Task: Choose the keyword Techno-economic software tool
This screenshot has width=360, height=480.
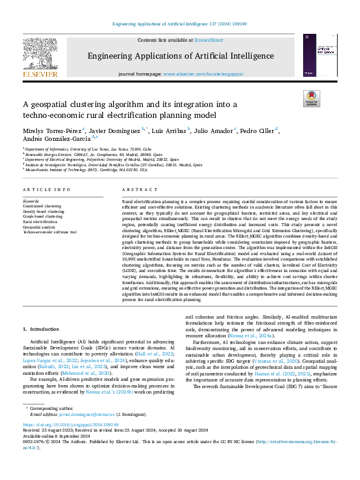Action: click(50, 232)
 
